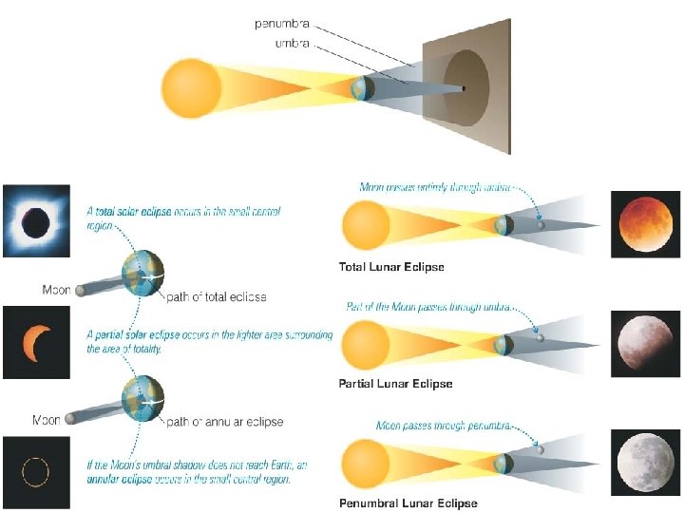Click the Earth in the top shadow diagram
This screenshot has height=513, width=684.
(362, 88)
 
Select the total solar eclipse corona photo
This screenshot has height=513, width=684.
(36, 220)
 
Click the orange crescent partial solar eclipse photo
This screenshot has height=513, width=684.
(36, 339)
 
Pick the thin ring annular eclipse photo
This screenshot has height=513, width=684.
(36, 470)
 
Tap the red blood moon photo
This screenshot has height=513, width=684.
(644, 224)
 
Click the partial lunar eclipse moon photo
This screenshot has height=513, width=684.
(644, 341)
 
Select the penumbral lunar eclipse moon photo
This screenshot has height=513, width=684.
(644, 463)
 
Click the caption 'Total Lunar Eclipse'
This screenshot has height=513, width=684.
(391, 267)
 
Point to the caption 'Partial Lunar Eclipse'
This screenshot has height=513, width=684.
(395, 384)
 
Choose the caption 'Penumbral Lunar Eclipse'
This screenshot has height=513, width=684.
(408, 503)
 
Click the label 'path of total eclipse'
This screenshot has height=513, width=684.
(217, 297)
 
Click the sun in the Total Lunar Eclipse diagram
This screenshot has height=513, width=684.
(367, 226)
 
